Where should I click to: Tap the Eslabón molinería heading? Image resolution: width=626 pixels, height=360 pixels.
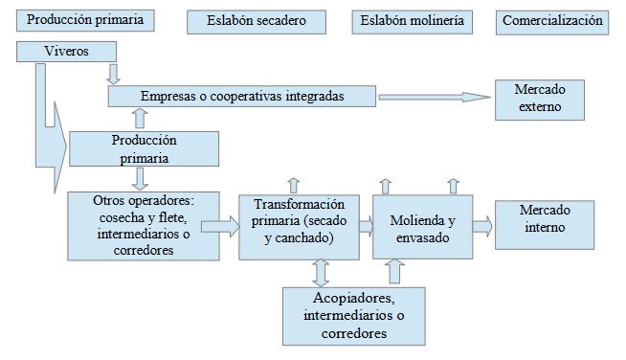click(412, 21)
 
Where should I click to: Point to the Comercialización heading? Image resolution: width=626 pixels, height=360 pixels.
click(552, 21)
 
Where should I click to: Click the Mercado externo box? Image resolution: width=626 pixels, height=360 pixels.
click(538, 99)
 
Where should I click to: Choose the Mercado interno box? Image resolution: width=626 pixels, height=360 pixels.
click(538, 223)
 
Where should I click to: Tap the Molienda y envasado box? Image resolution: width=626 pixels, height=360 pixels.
click(421, 226)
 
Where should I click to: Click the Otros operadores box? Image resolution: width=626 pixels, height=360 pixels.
click(142, 225)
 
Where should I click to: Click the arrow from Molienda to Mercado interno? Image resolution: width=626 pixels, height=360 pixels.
click(481, 226)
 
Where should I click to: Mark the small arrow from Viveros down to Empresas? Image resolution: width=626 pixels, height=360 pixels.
click(114, 74)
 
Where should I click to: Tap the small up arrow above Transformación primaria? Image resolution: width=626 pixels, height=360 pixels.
click(294, 184)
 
